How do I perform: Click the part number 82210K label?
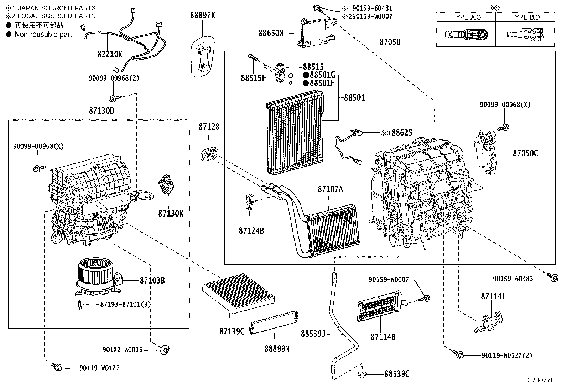coord(109,54)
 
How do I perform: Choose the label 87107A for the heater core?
coord(330,189)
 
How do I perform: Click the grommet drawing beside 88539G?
coord(363,374)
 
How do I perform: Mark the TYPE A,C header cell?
coord(466,17)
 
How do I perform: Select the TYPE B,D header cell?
coord(525,17)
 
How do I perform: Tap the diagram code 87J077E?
coord(541,380)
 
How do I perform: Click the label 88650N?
coord(271,33)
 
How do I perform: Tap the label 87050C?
coord(525,153)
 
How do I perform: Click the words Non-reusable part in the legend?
coord(43,35)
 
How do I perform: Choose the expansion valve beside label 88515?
coord(280,73)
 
